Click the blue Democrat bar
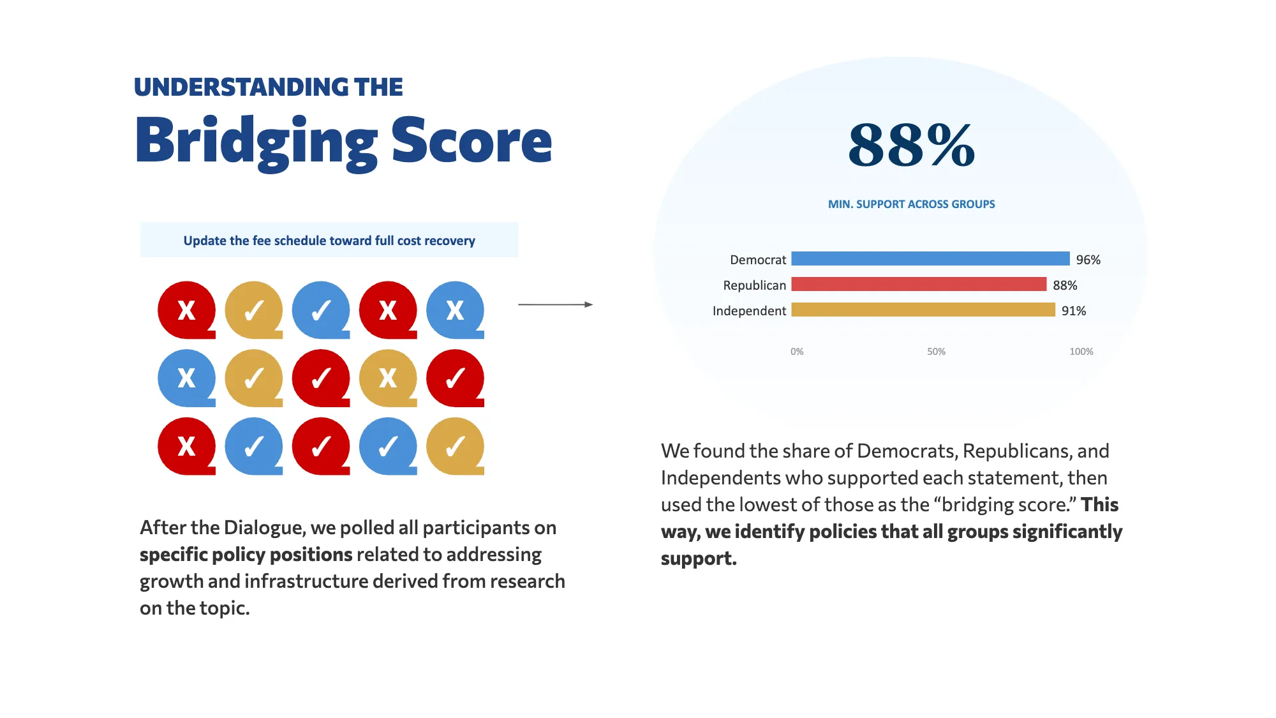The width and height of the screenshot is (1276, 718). [930, 258]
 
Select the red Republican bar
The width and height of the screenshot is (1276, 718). [919, 284]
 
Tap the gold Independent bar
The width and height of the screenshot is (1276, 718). [923, 310]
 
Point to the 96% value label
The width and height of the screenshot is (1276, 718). [1088, 260]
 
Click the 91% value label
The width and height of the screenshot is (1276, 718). [1073, 311]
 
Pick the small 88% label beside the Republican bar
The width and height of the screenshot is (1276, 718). [1065, 285]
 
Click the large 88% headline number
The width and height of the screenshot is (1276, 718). [912, 146]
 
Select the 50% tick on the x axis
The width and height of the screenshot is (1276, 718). [936, 352]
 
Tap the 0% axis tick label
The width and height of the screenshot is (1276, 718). [797, 352]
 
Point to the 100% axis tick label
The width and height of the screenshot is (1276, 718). [1081, 352]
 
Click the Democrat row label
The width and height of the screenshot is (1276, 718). [758, 260]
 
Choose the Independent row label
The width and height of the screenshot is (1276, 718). [749, 311]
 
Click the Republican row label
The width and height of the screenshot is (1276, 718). [754, 285]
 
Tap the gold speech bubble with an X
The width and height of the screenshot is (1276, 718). [388, 378]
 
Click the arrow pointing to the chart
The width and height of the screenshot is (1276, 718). [555, 304]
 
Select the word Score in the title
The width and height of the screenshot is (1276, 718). [471, 141]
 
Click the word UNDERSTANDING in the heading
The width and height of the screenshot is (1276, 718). [241, 87]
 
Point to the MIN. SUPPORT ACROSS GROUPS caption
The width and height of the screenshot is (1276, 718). [911, 204]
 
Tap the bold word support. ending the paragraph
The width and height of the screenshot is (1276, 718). [699, 558]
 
